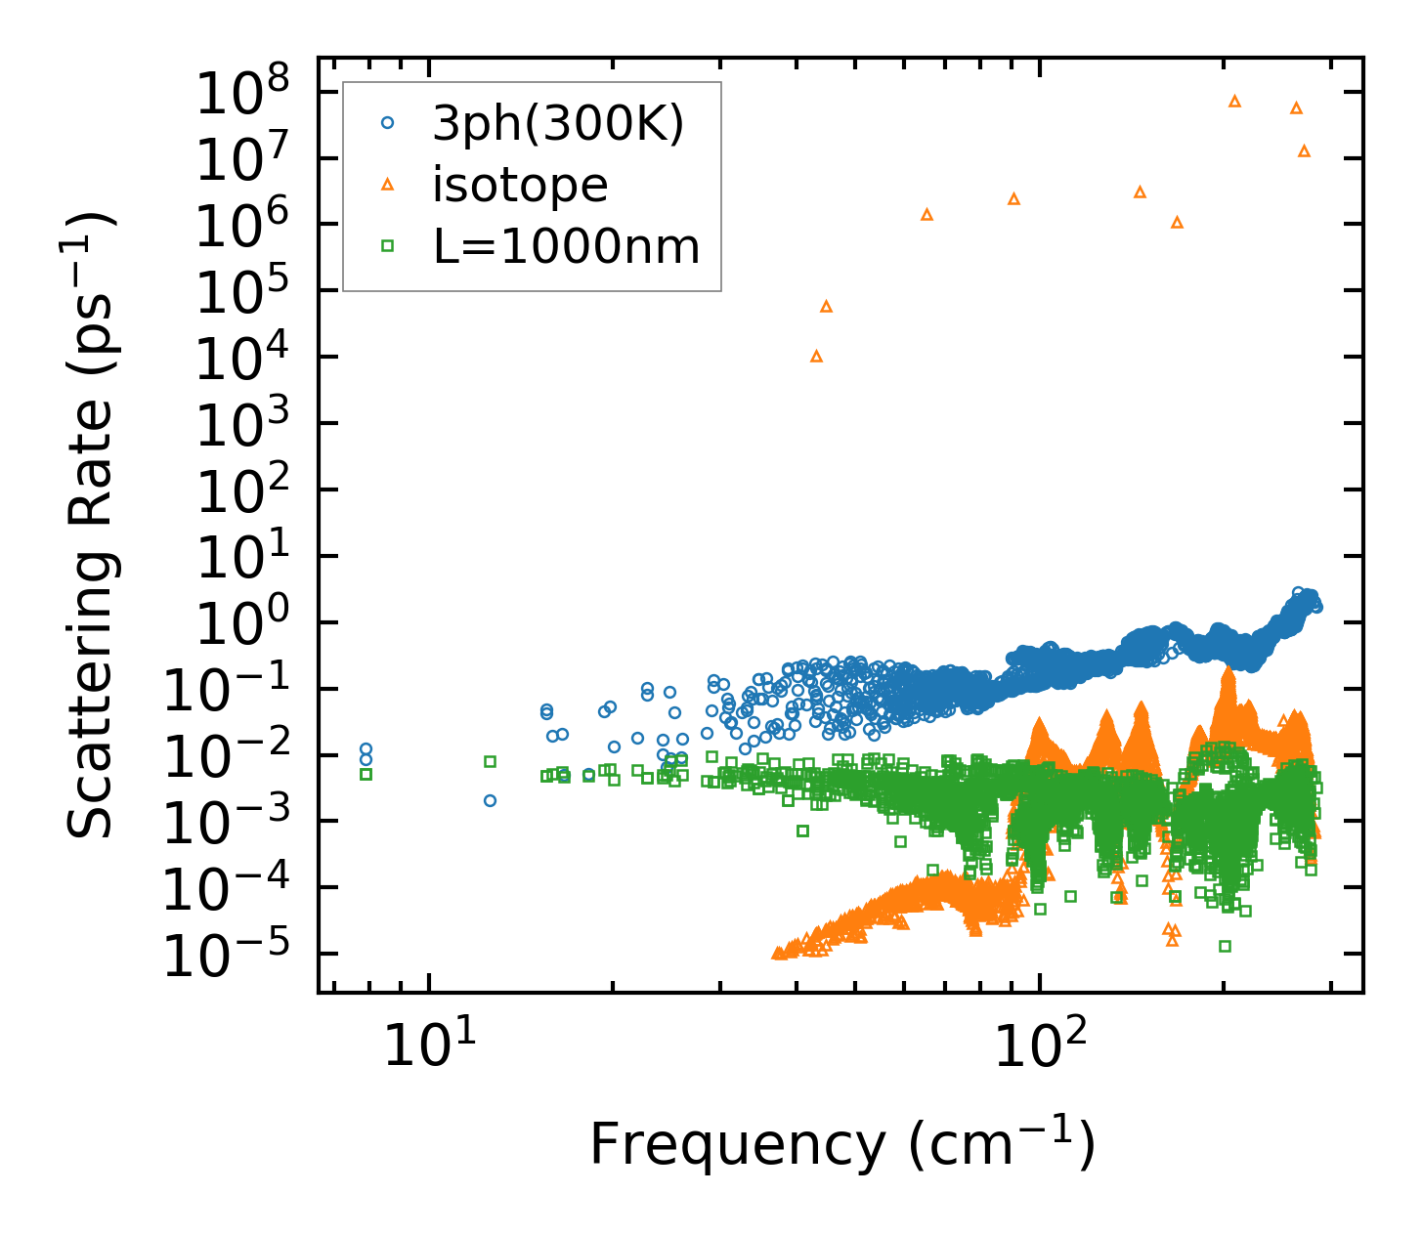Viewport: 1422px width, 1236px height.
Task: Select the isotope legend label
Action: point(520,185)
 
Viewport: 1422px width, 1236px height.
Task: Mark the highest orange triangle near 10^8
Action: point(1234,101)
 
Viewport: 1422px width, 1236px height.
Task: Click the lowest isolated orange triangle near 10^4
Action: point(816,357)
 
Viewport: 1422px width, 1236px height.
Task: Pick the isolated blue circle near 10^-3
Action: point(490,800)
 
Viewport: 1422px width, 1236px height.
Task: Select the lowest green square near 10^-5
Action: point(1225,946)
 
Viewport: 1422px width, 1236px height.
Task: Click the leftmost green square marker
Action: point(366,774)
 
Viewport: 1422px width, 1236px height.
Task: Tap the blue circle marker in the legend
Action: point(388,123)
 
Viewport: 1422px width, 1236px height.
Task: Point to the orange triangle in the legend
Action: point(388,185)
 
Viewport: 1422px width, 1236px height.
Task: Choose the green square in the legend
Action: point(388,246)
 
